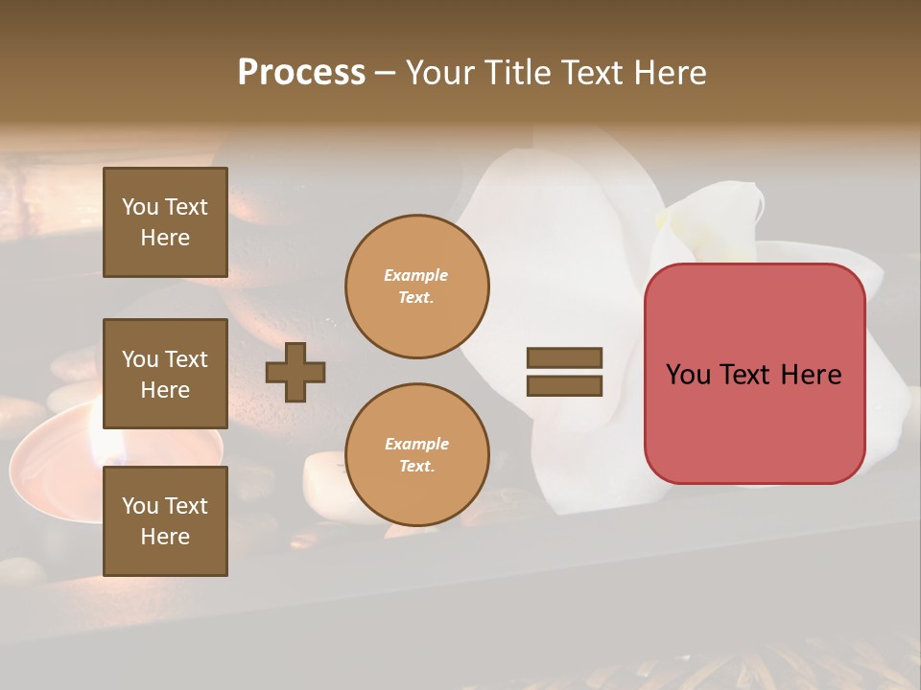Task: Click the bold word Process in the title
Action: point(301,73)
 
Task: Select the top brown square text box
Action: point(165,222)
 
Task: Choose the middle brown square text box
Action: point(165,374)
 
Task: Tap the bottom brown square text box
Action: point(165,521)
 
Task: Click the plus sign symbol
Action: point(295,372)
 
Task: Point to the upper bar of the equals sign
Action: point(564,358)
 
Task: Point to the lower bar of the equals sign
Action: point(564,385)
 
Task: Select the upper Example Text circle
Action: point(416,286)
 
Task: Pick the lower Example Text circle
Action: point(416,454)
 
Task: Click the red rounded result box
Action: point(754,374)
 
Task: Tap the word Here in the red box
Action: point(811,375)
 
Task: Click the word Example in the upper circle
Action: point(415,275)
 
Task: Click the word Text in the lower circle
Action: point(415,466)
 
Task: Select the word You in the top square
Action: point(140,207)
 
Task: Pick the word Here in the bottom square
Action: point(165,537)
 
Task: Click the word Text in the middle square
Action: point(186,359)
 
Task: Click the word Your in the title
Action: point(442,73)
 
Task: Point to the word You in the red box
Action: point(688,375)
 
